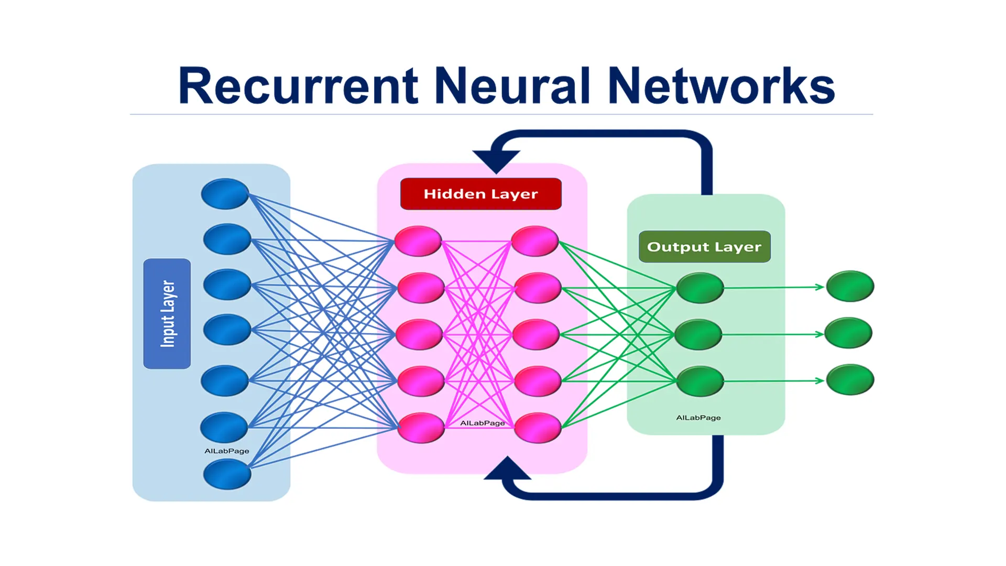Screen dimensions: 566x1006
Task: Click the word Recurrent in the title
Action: coord(298,86)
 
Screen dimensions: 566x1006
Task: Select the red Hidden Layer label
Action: coord(480,194)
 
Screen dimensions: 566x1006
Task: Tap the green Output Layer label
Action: coord(704,246)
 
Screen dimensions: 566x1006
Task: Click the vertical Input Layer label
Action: coord(167,313)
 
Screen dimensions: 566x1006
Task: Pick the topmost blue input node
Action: coord(225,194)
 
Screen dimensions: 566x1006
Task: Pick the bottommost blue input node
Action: coord(227,474)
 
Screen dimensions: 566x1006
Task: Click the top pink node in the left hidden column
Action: coord(418,241)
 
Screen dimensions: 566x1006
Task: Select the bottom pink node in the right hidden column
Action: coord(538,428)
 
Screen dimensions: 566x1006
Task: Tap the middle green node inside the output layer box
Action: coord(698,334)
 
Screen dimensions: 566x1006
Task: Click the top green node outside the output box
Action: coord(850,286)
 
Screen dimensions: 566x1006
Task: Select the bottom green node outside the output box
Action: coord(850,379)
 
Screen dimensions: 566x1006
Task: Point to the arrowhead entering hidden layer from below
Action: coord(507,468)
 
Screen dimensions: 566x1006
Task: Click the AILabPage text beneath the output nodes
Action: coord(698,418)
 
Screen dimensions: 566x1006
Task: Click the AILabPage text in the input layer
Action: coord(226,451)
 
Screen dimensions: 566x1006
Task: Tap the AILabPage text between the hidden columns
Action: coord(482,423)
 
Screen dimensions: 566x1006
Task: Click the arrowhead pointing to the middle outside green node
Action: coord(819,334)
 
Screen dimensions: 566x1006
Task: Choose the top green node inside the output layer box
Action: coord(700,288)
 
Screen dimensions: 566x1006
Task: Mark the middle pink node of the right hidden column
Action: coord(535,334)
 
